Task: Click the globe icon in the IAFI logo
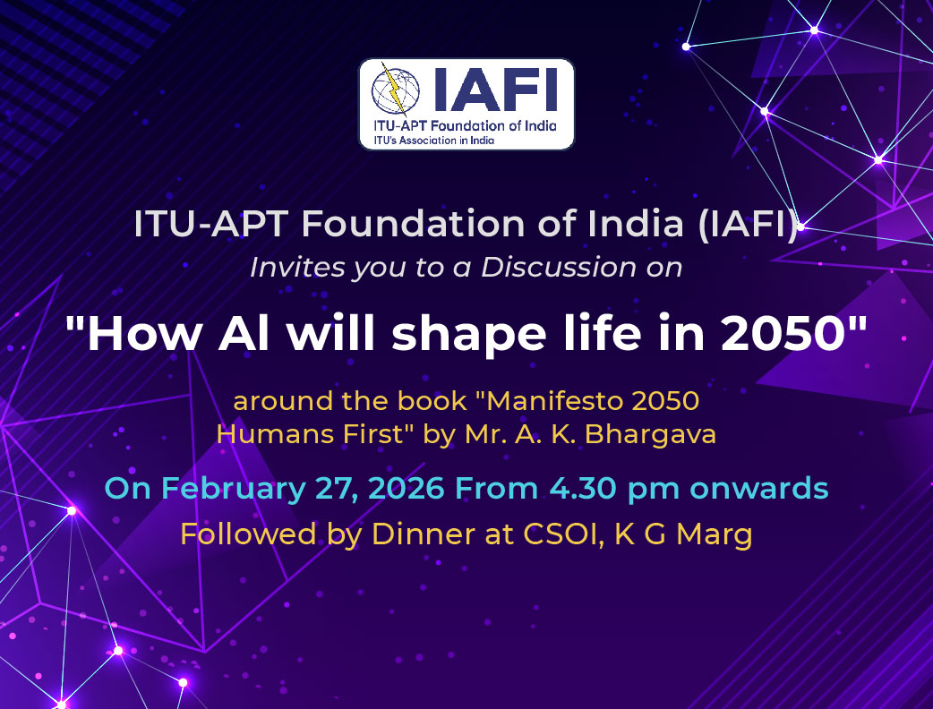395,90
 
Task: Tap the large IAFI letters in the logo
496,90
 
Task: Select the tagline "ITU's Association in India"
433,141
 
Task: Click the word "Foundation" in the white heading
413,224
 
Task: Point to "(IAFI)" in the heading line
748,224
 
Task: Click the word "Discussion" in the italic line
559,267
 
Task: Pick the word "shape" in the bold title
469,335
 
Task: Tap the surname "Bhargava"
650,435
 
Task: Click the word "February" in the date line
233,489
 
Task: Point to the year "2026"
407,488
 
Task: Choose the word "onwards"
758,488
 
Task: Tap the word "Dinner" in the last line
423,534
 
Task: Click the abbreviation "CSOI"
560,534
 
